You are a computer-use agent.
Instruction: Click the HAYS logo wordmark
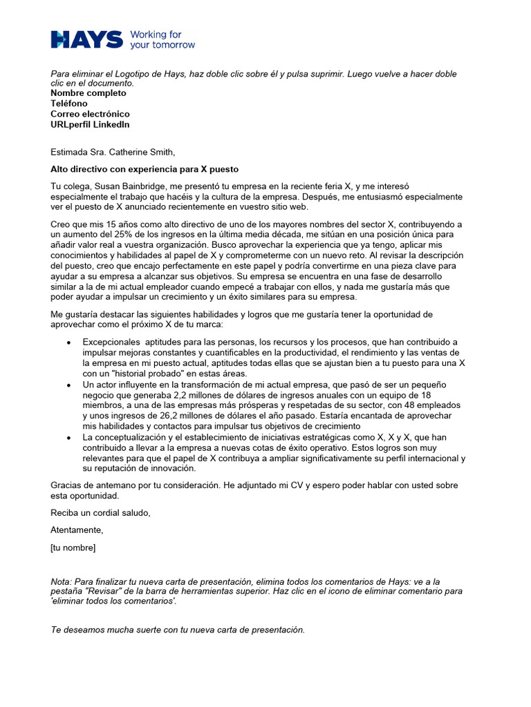86,39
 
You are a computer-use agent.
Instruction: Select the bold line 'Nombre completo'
88,93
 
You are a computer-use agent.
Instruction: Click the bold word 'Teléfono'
69,104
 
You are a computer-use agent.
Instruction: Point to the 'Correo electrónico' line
90,114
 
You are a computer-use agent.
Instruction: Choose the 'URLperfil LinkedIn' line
90,125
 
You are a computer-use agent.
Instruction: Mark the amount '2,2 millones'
188,395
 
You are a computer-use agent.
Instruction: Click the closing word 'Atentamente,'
77,530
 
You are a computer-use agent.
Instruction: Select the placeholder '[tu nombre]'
73,548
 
